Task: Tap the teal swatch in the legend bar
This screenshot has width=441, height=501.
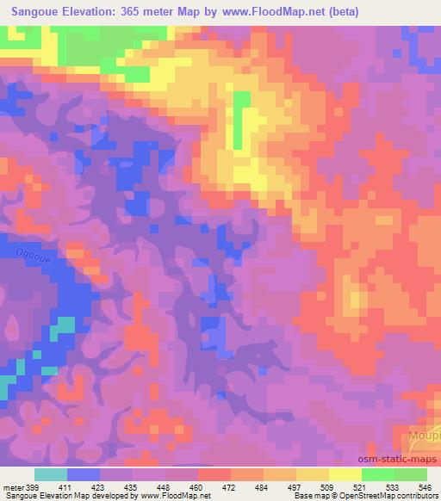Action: click(51, 474)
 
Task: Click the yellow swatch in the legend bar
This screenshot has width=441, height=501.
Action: click(345, 474)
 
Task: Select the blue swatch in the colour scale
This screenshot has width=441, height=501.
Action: click(84, 474)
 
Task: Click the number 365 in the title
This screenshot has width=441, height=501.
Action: click(132, 13)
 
